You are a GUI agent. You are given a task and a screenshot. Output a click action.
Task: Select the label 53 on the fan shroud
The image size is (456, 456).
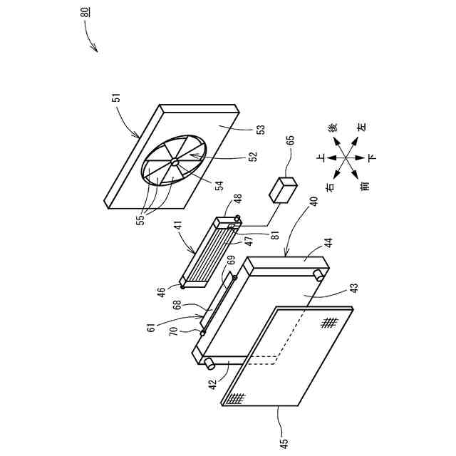coord(260,130)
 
